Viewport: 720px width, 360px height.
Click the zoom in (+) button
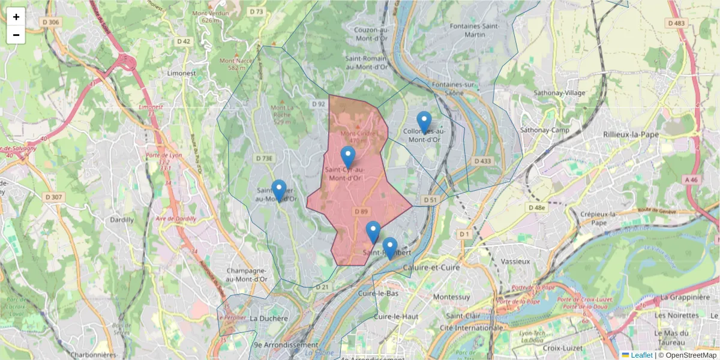point(16,17)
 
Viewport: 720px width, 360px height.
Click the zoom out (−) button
point(16,35)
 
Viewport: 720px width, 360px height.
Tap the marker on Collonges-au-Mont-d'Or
point(424,122)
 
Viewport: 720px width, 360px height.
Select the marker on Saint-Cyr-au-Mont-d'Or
point(348,157)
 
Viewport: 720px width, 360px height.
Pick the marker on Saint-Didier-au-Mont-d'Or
point(278,191)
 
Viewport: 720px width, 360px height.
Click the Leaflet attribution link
point(641,355)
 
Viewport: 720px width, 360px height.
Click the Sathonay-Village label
point(560,93)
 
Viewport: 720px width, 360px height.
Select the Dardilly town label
point(122,220)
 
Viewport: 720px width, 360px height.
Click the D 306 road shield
point(51,23)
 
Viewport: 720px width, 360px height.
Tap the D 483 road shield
point(676,23)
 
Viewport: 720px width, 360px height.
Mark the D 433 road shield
point(482,161)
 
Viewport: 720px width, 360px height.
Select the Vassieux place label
point(515,262)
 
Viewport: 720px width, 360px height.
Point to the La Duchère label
point(269,318)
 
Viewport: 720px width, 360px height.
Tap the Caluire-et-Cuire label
point(431,267)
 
